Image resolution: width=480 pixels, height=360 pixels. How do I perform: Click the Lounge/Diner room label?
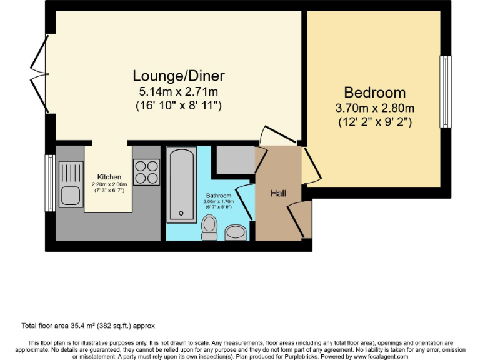click(x=178, y=76)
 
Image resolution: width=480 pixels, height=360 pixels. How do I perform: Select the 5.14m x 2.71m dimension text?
click(x=178, y=91)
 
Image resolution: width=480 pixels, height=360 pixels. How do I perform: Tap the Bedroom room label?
click(x=374, y=92)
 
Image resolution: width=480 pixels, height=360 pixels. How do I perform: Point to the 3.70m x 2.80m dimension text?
click(x=374, y=107)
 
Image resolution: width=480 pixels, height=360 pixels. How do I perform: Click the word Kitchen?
click(x=108, y=177)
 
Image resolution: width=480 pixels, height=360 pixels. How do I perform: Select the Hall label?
click(x=278, y=194)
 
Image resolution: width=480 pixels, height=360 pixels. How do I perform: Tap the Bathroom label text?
click(x=219, y=196)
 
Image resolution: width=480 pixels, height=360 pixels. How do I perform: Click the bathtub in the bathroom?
click(x=181, y=184)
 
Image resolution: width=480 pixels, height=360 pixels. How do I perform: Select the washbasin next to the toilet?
click(x=236, y=232)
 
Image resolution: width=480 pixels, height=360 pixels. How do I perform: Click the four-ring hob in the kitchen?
click(x=146, y=172)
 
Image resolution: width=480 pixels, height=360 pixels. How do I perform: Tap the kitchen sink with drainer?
click(x=70, y=184)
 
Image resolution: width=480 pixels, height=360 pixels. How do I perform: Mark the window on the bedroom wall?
click(x=445, y=91)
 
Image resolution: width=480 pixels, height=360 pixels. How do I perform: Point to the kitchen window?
click(x=49, y=183)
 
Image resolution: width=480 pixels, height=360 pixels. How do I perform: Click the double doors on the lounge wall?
click(x=39, y=63)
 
